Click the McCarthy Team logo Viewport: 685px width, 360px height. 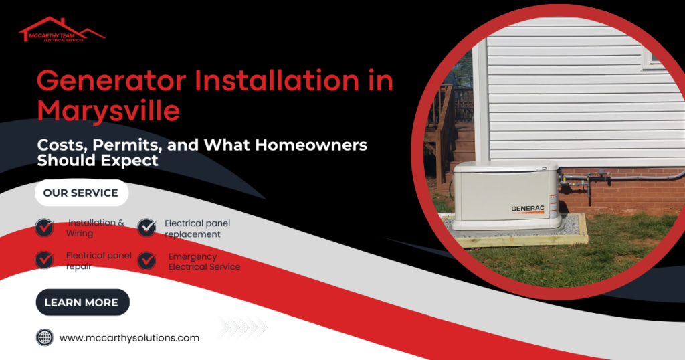62,30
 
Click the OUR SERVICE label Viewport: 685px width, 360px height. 80,193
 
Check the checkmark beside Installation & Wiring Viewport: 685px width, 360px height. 45,228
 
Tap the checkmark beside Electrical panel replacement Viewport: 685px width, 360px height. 146,228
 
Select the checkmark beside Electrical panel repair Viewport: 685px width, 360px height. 45,259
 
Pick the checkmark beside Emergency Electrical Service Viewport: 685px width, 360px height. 146,260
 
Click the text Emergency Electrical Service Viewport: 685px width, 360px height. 203,262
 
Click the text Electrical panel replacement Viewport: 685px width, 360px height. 197,229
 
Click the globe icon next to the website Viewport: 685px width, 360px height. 45,338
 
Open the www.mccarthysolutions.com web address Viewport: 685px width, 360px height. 129,338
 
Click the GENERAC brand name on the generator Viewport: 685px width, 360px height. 527,208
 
